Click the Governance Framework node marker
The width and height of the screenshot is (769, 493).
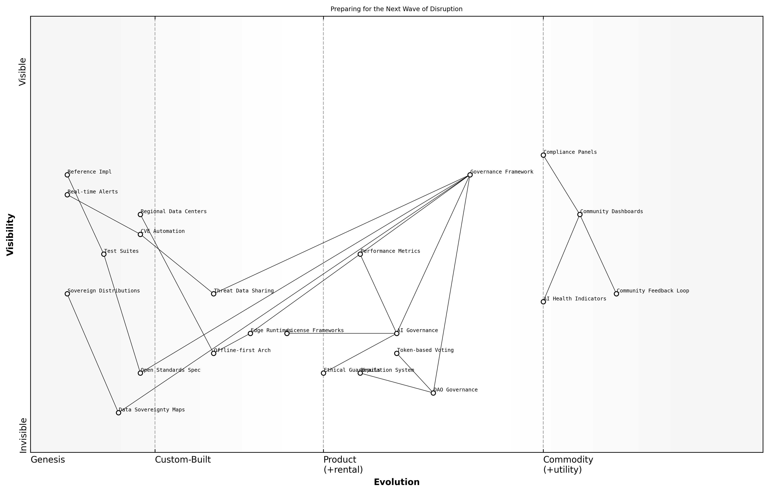pyautogui.click(x=470, y=175)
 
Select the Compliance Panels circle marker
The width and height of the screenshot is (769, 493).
pyautogui.click(x=543, y=155)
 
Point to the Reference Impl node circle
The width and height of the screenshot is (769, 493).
pyautogui.click(x=67, y=175)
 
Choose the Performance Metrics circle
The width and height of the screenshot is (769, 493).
pyautogui.click(x=360, y=254)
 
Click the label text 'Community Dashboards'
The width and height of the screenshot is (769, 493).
pyautogui.click(x=611, y=212)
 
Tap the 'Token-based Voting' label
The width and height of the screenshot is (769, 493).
pyautogui.click(x=425, y=350)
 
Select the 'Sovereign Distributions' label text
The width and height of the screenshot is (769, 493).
pyautogui.click(x=104, y=291)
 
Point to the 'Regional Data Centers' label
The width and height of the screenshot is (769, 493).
pyautogui.click(x=174, y=212)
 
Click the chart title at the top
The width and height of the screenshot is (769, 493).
pyautogui.click(x=396, y=9)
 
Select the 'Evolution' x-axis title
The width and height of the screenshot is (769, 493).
pyautogui.click(x=396, y=482)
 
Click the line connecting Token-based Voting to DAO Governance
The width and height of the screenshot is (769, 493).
pyautogui.click(x=415, y=373)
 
